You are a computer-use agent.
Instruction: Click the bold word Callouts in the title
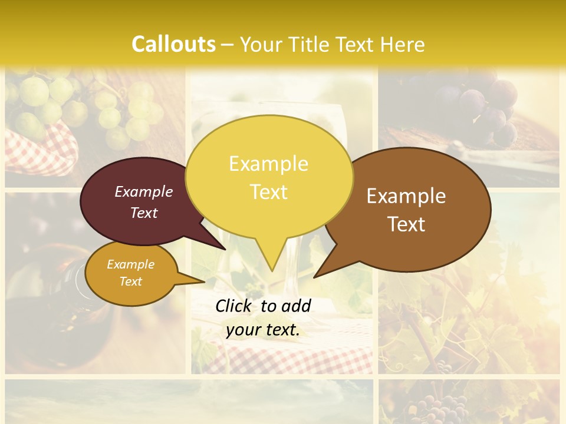coord(173,44)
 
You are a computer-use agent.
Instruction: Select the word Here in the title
coord(403,44)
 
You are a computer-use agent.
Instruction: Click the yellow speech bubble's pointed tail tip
coord(272,270)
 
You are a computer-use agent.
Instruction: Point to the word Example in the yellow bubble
coord(268,164)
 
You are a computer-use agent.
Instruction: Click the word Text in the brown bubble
coord(406,224)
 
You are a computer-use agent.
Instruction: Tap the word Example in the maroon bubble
coord(144,191)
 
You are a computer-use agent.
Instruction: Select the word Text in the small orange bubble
coord(131,281)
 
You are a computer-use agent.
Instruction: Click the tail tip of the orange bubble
coord(204,281)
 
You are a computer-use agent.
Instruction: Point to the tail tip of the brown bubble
coord(315,277)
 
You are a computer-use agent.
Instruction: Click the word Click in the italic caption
coord(234,306)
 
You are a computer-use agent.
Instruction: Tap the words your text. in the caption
coord(263,330)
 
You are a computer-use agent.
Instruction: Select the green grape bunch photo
coord(88,109)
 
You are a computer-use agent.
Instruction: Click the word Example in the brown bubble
coord(406,196)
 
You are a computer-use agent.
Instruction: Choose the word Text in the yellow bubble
coord(268,192)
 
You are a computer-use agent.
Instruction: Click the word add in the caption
coord(297,306)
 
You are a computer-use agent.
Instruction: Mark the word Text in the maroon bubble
coord(144,213)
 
